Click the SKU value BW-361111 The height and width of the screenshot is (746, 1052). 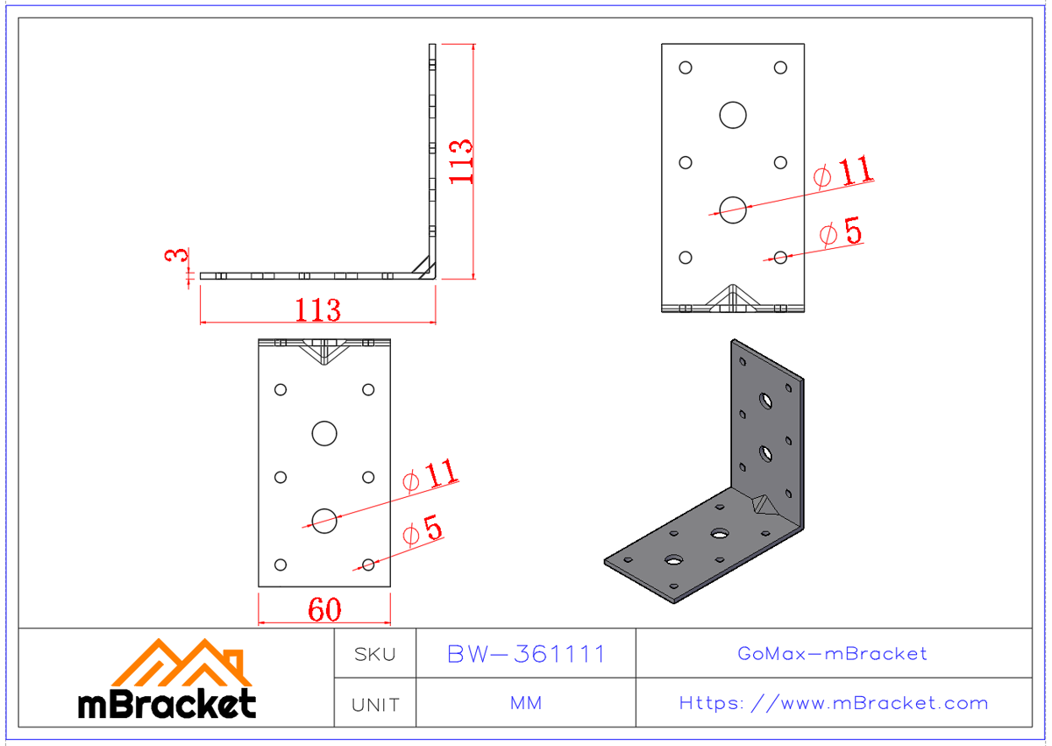coord(526,654)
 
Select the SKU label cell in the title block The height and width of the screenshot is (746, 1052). coord(374,654)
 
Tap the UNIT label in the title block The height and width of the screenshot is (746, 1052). coord(374,704)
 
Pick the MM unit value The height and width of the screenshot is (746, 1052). coord(526,704)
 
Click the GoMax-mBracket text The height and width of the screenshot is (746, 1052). coord(833,654)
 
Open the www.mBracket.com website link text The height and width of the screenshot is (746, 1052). coord(833,703)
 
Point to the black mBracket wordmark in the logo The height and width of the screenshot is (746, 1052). coord(167,703)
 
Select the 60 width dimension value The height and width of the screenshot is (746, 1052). coord(324,610)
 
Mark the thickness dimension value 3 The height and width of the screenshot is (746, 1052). coord(177,256)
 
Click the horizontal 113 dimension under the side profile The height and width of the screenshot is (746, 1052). coord(317,309)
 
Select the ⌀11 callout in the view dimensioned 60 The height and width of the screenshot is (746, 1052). coord(430,476)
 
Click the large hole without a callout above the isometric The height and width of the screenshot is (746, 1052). coord(733,114)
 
